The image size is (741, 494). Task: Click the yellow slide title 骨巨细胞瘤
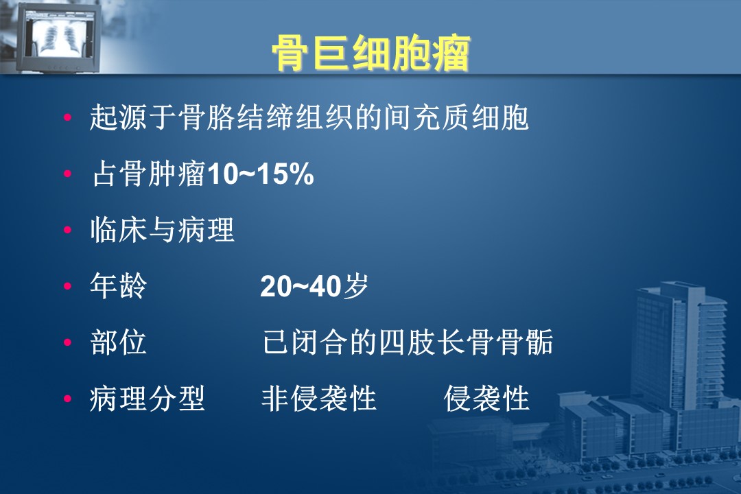(371, 53)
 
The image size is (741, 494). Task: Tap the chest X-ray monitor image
(57, 37)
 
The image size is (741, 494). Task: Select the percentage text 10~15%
(261, 174)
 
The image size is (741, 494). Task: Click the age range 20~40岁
(314, 286)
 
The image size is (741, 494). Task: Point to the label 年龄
(118, 286)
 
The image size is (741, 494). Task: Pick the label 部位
(118, 342)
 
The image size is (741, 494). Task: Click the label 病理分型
(148, 399)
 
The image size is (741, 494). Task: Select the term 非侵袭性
(319, 399)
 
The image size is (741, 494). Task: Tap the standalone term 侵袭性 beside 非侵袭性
(486, 399)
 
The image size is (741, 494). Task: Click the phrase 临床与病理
(162, 230)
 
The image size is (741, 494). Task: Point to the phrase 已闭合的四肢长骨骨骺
(408, 342)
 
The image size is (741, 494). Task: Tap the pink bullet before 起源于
(67, 117)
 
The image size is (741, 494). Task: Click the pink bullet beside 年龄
(67, 286)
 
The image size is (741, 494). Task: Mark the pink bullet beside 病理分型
(67, 399)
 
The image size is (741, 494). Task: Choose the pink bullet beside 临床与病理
(67, 230)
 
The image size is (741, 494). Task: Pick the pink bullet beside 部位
(67, 342)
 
